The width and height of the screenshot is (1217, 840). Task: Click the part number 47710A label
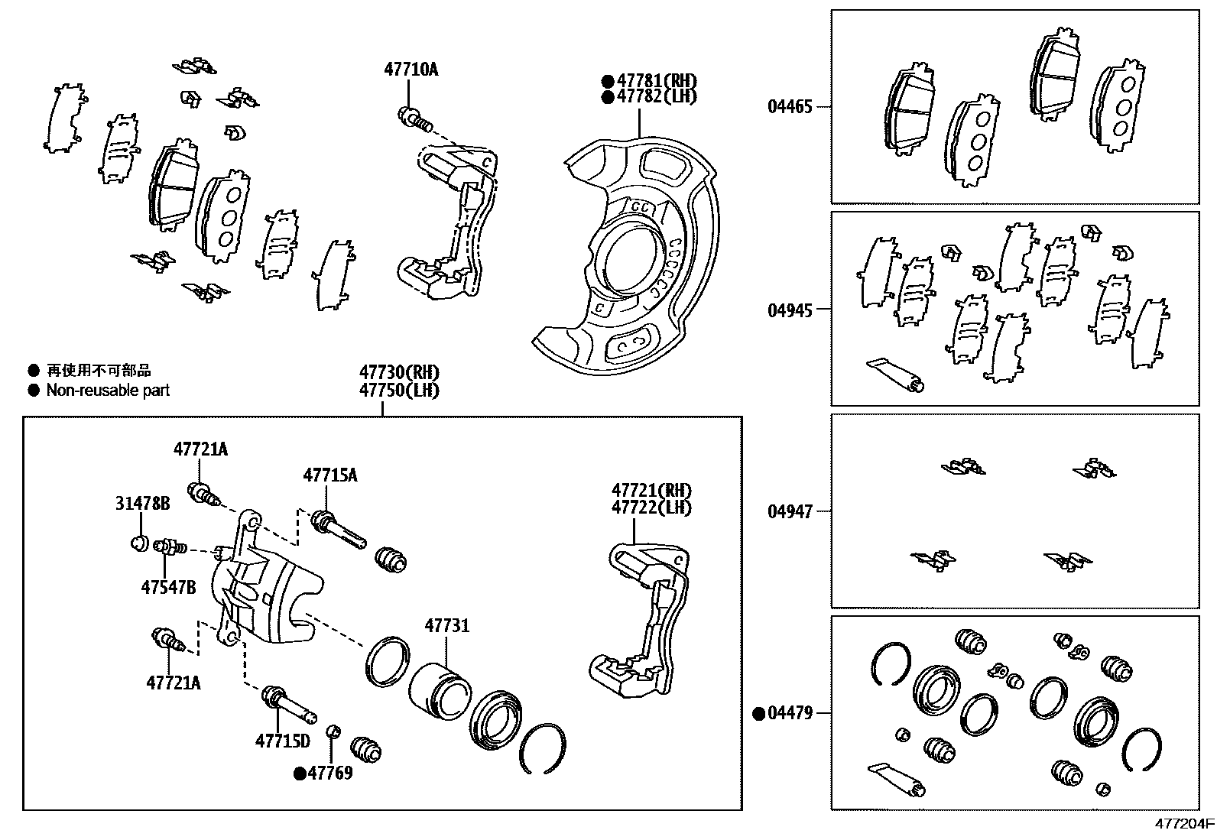pyautogui.click(x=411, y=70)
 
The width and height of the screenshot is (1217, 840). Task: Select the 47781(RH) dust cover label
pyautogui.click(x=656, y=80)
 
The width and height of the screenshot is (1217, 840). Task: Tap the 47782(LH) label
pyautogui.click(x=656, y=96)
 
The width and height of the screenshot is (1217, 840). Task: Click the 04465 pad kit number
pyautogui.click(x=790, y=107)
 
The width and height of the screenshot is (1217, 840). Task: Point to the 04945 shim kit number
pyautogui.click(x=790, y=310)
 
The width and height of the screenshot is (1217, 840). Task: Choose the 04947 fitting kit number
pyautogui.click(x=790, y=511)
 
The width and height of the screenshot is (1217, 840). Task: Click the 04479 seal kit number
pyautogui.click(x=790, y=713)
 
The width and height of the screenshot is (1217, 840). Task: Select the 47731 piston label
pyautogui.click(x=446, y=626)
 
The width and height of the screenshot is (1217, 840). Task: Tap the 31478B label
pyautogui.click(x=142, y=503)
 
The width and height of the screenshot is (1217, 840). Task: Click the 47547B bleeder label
pyautogui.click(x=168, y=587)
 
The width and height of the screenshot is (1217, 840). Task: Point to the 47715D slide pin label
pyautogui.click(x=282, y=740)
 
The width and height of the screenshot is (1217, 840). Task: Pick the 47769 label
pyautogui.click(x=330, y=773)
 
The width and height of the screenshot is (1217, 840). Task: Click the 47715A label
pyautogui.click(x=329, y=475)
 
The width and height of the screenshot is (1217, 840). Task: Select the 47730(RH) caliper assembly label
pyautogui.click(x=400, y=373)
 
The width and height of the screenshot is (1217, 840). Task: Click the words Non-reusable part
pyautogui.click(x=108, y=391)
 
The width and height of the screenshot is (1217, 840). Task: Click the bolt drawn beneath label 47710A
pyautogui.click(x=414, y=118)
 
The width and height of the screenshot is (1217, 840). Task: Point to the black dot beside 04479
pyautogui.click(x=759, y=714)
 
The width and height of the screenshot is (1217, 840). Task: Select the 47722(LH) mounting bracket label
pyautogui.click(x=651, y=507)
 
